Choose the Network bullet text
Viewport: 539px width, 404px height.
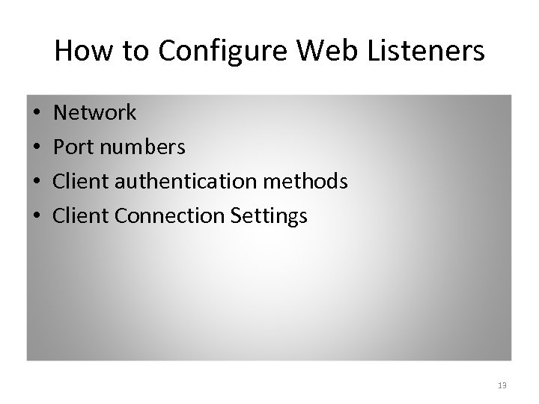96,113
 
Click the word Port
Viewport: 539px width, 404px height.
73,147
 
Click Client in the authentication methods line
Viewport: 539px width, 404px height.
79,182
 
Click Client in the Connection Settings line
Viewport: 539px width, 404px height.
79,216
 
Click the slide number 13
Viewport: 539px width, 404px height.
502,385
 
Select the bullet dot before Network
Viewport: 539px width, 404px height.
36,114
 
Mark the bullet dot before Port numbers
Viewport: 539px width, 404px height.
36,148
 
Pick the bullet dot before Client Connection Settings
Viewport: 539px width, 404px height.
36,217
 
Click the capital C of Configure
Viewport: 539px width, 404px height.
167,51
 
